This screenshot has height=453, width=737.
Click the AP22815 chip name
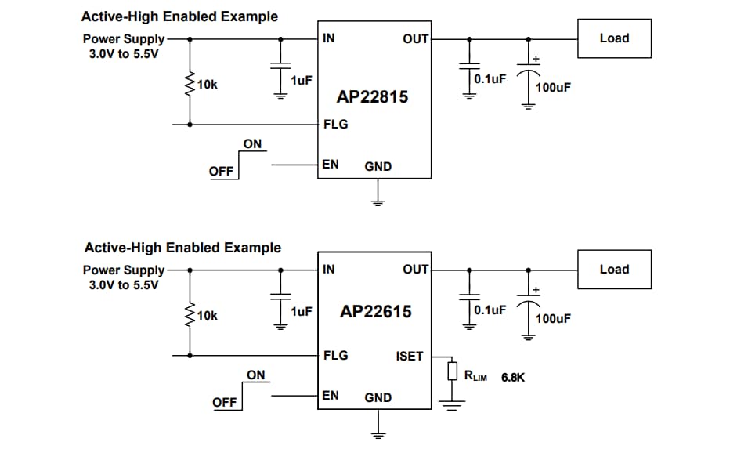[372, 97]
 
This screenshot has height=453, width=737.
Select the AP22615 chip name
[375, 311]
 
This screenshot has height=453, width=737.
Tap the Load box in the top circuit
[614, 38]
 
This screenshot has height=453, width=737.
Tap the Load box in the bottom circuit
[614, 270]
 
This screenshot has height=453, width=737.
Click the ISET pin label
[409, 356]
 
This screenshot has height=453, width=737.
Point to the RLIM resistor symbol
[452, 371]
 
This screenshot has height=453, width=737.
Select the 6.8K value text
[512, 377]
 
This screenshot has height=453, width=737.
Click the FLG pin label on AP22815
[335, 124]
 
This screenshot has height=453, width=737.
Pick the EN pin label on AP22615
[331, 395]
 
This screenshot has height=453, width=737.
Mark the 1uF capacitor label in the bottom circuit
[301, 311]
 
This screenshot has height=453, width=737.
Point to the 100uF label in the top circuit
[553, 88]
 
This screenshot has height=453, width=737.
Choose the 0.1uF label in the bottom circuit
[490, 310]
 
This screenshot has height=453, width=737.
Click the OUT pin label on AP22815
[415, 38]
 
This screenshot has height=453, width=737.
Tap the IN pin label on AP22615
[329, 270]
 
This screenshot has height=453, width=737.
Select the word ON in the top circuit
[252, 144]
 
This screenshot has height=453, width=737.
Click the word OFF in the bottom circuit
[224, 402]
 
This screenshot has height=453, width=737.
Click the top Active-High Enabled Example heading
[179, 16]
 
